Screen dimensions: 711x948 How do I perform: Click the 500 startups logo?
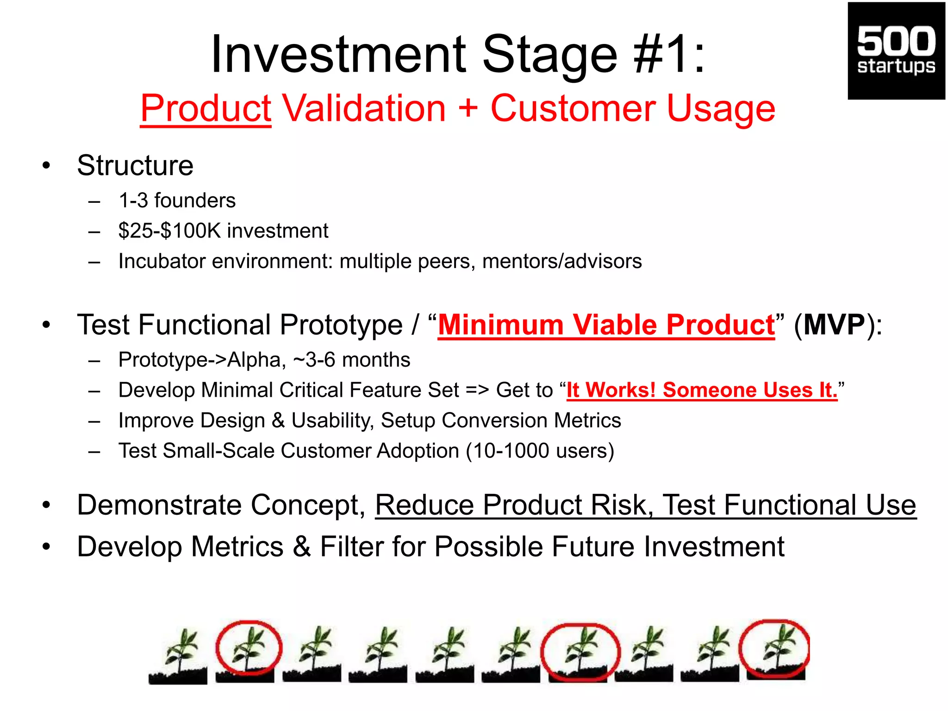tap(896, 51)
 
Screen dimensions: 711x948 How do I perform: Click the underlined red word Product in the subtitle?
tap(206, 108)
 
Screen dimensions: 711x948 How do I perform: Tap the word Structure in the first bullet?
tap(135, 165)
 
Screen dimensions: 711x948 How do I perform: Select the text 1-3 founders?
tap(177, 200)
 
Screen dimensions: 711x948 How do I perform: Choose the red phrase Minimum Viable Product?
tap(606, 324)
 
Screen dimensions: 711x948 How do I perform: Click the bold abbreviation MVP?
tap(834, 324)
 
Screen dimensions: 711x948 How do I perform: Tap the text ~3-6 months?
tap(352, 360)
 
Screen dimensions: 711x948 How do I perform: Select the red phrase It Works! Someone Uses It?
tap(702, 390)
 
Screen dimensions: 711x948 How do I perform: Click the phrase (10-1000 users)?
tap(540, 450)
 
